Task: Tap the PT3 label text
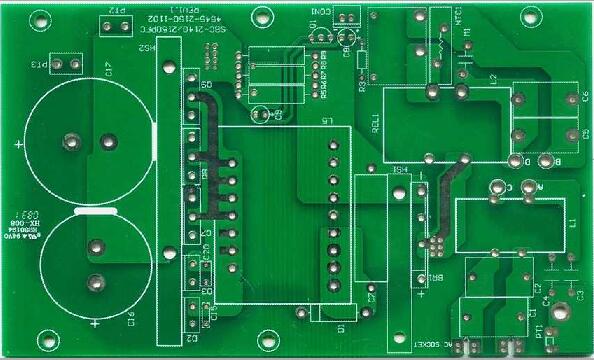(x=37, y=65)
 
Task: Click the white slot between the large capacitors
(x=96, y=212)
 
